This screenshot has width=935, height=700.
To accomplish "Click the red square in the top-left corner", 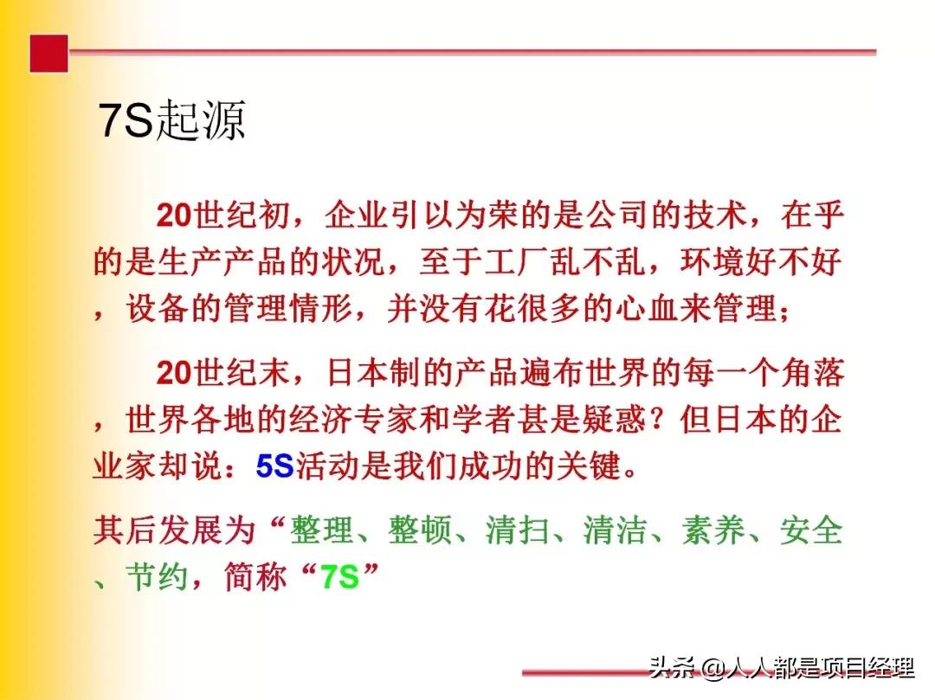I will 48,53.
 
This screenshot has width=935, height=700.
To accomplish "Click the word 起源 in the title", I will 199,121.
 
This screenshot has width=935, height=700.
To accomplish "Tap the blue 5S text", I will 275,467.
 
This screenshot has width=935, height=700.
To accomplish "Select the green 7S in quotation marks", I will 339,576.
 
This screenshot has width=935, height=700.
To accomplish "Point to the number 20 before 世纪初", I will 174,215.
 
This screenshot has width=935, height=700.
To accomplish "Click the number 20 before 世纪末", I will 174,373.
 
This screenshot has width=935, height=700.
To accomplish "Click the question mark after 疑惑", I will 658,421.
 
